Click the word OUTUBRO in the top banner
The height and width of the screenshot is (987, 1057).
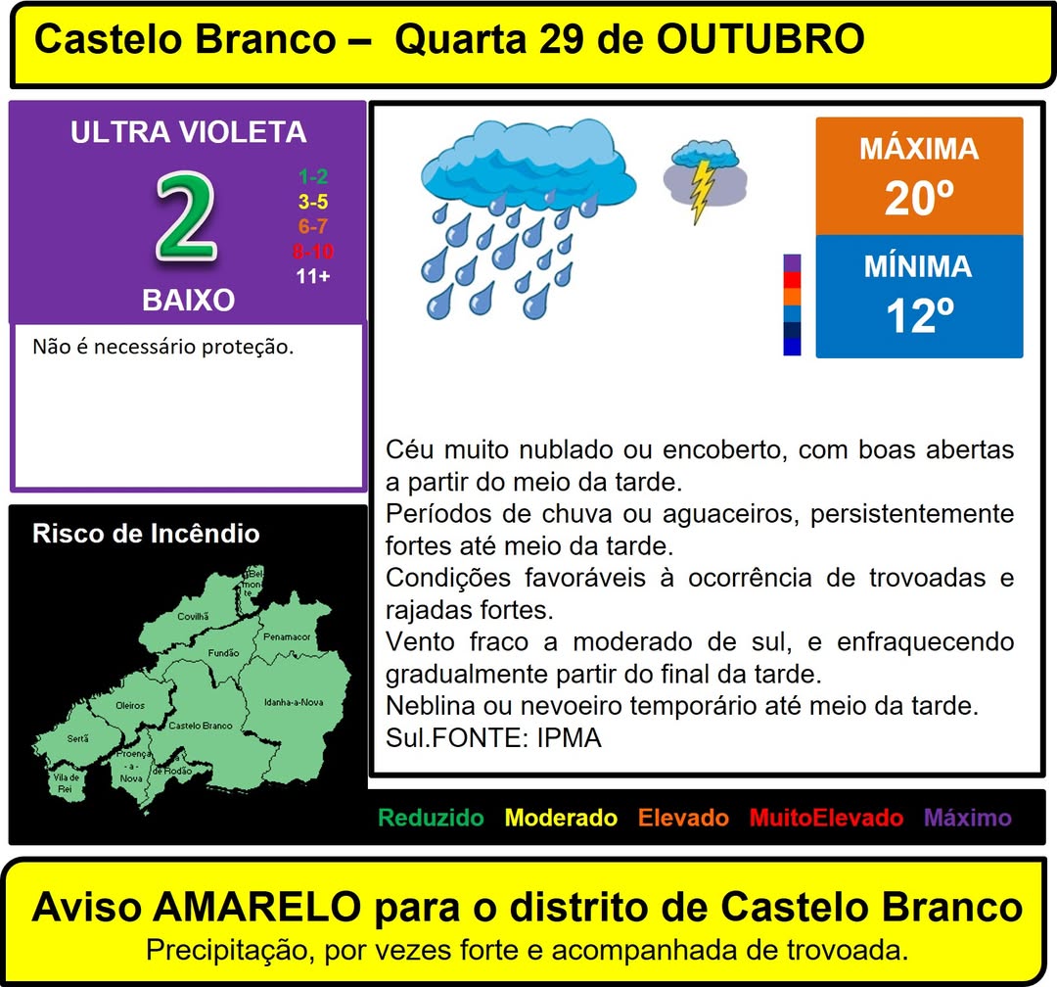point(760,39)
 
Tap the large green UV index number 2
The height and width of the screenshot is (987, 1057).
point(186,215)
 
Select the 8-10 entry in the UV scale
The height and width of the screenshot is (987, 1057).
point(313,252)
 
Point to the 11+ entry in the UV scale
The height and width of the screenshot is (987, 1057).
point(313,276)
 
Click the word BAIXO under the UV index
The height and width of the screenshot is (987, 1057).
point(188,301)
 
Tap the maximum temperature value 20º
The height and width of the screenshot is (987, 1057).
point(919,199)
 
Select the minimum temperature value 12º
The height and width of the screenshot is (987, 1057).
point(919,315)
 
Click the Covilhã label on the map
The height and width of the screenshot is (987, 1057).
point(194,616)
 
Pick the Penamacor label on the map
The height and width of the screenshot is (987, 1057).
point(287,636)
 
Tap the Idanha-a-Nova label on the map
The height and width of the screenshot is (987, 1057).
point(294,702)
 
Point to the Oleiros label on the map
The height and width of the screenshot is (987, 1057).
point(130,706)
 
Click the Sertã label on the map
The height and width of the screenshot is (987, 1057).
point(78,738)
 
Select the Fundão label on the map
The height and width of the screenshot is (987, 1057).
point(224,653)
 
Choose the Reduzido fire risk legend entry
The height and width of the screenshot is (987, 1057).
point(431,818)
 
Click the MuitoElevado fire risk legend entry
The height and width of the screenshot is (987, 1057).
point(826,818)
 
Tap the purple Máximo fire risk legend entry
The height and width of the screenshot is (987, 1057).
point(968,818)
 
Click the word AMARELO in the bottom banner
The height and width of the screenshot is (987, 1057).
point(257,907)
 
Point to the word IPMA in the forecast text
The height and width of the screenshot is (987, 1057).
point(569,738)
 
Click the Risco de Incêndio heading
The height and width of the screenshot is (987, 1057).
point(146,534)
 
